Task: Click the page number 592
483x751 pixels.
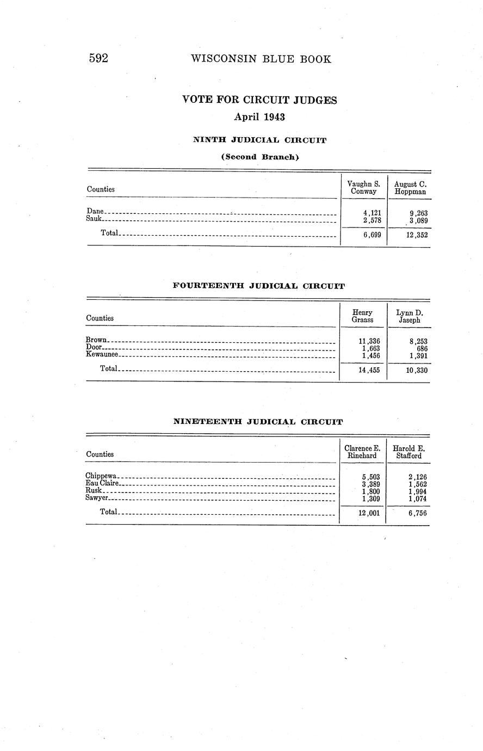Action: click(x=99, y=59)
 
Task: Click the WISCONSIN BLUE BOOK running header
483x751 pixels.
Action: click(x=261, y=59)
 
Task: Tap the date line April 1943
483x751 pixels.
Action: click(x=259, y=116)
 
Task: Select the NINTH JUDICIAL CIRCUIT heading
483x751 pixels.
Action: click(x=259, y=140)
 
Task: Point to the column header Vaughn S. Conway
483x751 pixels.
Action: click(x=363, y=188)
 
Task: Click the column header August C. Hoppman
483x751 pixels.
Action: click(x=410, y=188)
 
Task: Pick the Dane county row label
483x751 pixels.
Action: click(x=95, y=211)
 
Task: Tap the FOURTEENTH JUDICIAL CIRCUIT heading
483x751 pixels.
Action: click(x=258, y=286)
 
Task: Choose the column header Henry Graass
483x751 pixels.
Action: click(x=362, y=316)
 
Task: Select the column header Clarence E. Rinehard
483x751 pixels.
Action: click(x=362, y=452)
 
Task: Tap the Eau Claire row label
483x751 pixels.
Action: click(x=102, y=483)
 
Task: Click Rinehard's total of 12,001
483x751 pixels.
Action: click(x=369, y=513)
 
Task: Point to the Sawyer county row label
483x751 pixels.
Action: click(x=97, y=498)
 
